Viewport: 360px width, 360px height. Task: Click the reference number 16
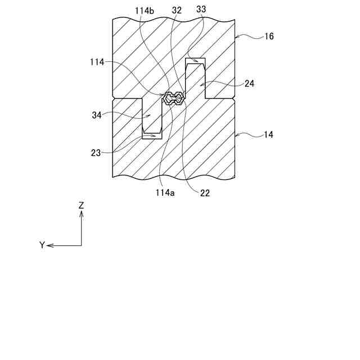[x=269, y=37]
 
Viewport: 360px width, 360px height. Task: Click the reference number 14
[x=269, y=135]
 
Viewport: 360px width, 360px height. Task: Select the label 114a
[x=164, y=192]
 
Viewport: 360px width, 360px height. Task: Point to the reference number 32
[x=176, y=10]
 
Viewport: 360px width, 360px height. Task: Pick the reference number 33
[x=201, y=10]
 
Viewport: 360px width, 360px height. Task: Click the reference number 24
[x=249, y=83]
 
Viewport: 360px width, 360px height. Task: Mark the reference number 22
[x=205, y=192]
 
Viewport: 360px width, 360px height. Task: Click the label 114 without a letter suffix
[x=96, y=62]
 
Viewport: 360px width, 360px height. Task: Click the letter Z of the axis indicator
[x=82, y=206]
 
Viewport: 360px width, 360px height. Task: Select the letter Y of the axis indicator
[x=42, y=245]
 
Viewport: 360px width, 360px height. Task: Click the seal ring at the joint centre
[x=173, y=99]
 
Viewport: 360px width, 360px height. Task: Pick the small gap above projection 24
[x=196, y=61]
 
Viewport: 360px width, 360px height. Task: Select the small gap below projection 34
[x=152, y=136]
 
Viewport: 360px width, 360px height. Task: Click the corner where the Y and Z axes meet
[x=82, y=245]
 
